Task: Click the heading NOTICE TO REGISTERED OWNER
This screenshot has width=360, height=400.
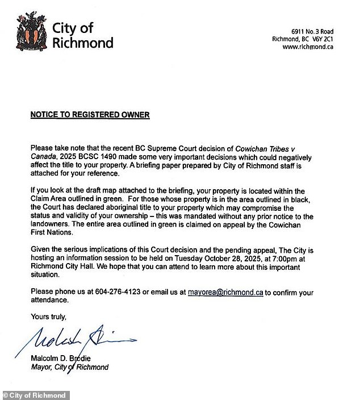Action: click(90, 115)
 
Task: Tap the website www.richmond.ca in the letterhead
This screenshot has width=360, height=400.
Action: click(308, 47)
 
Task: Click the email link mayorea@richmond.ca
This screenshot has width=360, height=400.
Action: click(225, 293)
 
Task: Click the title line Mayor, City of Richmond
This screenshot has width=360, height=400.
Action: click(69, 367)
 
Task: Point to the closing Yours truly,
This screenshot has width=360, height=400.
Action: click(49, 316)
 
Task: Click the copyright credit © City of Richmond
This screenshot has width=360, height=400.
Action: click(35, 395)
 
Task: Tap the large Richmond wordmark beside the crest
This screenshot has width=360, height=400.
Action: click(83, 43)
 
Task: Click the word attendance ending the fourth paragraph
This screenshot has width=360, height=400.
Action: click(49, 301)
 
